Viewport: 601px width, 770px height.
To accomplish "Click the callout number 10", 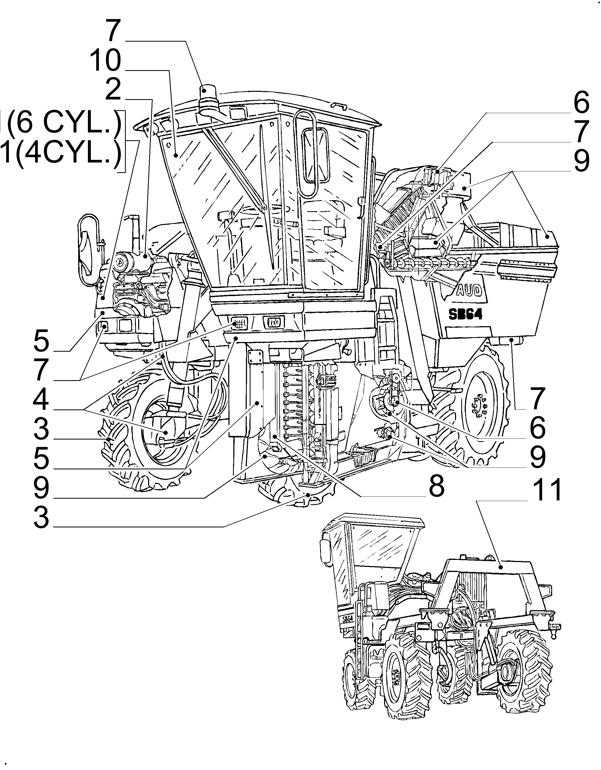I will point(105,61).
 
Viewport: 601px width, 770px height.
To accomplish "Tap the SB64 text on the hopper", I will point(466,315).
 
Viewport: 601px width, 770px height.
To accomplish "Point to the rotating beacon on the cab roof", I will point(205,95).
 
